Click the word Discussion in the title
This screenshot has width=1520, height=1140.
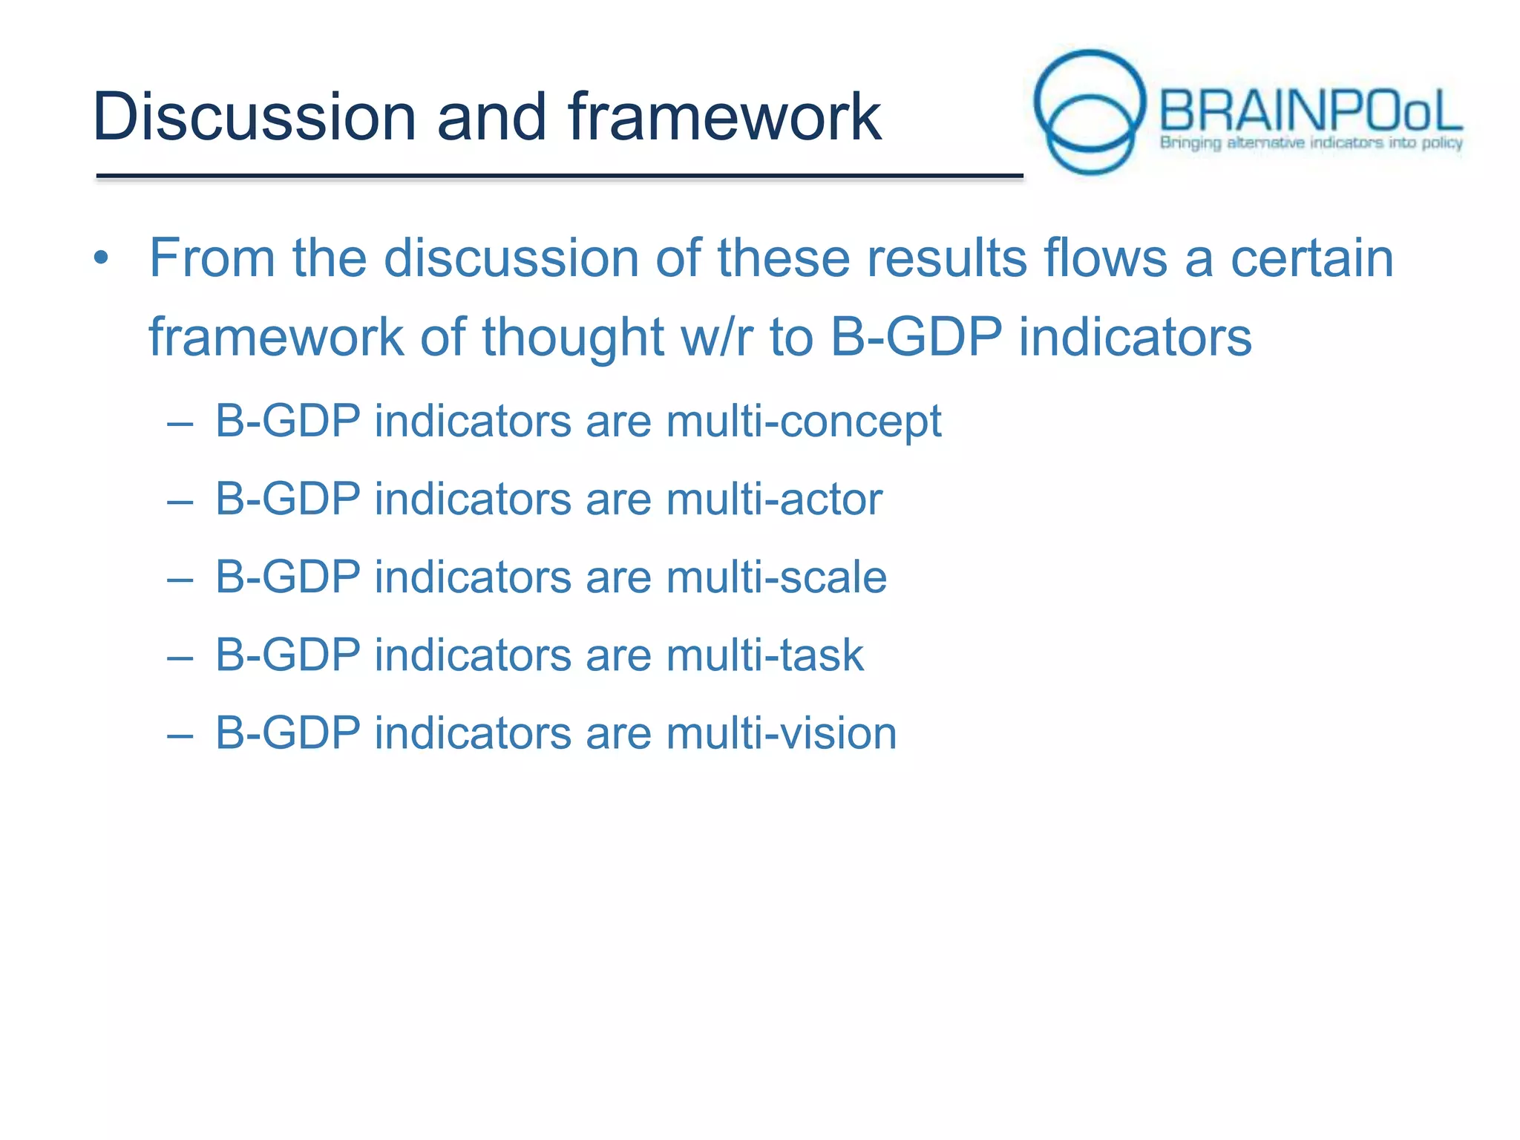coord(254,117)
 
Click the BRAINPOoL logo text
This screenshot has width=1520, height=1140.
coord(1310,111)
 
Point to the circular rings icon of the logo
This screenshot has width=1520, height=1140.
coord(1089,111)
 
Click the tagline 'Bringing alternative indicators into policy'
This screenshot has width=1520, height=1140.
coord(1311,142)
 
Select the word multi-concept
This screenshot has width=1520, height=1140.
coord(804,422)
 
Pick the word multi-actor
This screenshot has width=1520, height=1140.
coord(774,499)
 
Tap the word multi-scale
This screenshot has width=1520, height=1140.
coord(776,577)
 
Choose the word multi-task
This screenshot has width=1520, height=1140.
coord(765,655)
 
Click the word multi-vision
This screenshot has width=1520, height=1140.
coord(782,733)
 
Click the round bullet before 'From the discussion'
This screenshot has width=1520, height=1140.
coord(102,259)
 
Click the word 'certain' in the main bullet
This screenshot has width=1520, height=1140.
coord(1311,258)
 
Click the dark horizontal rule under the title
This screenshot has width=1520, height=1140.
coord(559,176)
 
